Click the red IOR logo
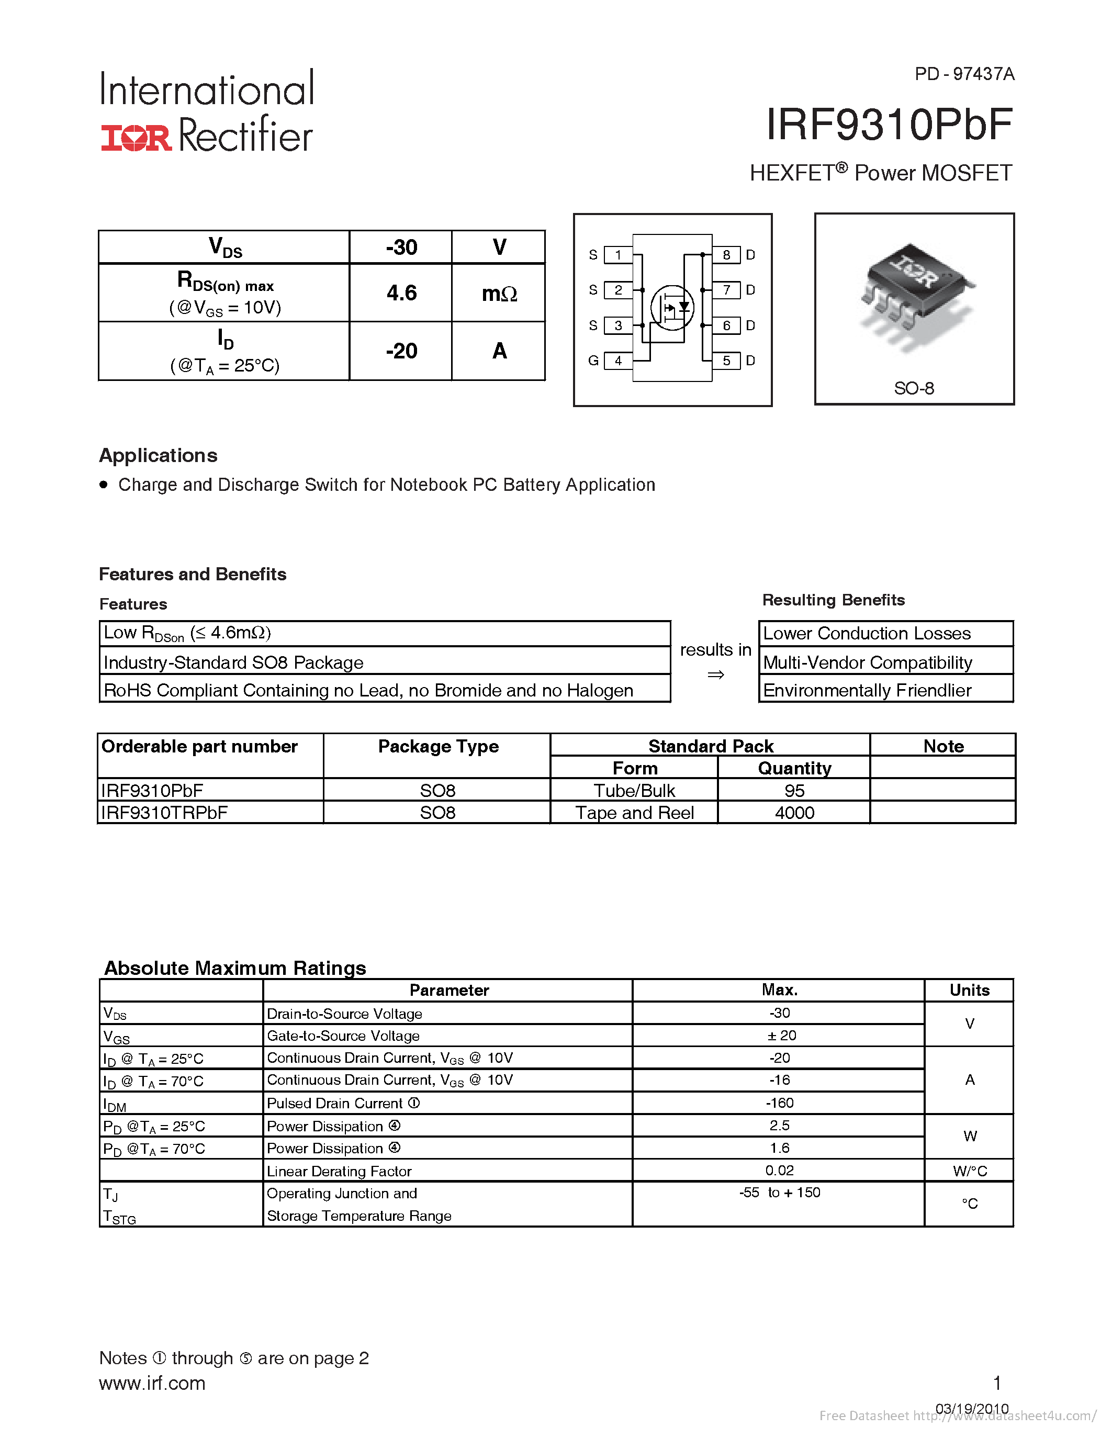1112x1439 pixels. pyautogui.click(x=136, y=138)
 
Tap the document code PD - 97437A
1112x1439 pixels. pyautogui.click(x=964, y=74)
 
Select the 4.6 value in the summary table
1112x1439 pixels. pyautogui.click(x=401, y=293)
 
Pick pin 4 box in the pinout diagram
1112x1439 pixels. pyautogui.click(x=618, y=361)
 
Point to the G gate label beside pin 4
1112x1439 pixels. pyautogui.click(x=593, y=361)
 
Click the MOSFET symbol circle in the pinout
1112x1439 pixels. pyautogui.click(x=672, y=307)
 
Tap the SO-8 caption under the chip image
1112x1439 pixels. pyautogui.click(x=914, y=388)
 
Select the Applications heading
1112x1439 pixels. pyautogui.click(x=158, y=455)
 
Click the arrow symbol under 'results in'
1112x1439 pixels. pyautogui.click(x=715, y=674)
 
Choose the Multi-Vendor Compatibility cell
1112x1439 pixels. pyautogui.click(x=868, y=662)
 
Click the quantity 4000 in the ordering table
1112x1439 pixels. pyautogui.click(x=794, y=813)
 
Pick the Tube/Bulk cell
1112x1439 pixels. pyautogui.click(x=634, y=790)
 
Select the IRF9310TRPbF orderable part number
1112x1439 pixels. pyautogui.click(x=164, y=813)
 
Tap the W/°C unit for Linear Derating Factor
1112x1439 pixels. pyautogui.click(x=969, y=1171)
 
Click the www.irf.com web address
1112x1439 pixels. pyautogui.click(x=152, y=1383)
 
